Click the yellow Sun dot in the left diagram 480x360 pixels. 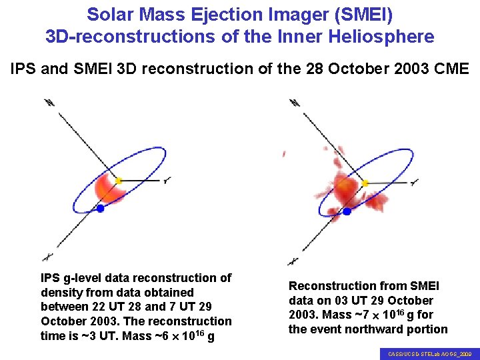pos(119,181)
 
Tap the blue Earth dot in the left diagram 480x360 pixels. pos(100,209)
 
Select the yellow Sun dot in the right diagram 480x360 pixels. pos(365,183)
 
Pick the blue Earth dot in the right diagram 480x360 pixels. pos(347,211)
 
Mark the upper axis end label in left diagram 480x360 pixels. pos(49,103)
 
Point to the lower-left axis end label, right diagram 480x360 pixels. pos(291,261)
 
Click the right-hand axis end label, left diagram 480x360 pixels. pos(167,180)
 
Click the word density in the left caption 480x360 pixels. pos(60,293)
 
